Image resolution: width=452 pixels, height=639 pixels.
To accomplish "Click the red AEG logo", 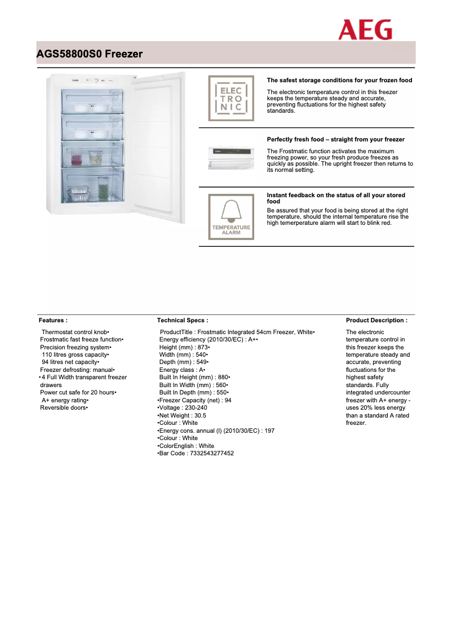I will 365,30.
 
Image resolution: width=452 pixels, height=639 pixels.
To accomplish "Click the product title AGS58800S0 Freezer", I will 89,54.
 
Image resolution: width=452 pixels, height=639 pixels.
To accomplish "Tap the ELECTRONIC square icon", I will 231,98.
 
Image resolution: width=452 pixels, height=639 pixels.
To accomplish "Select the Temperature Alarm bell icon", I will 231,217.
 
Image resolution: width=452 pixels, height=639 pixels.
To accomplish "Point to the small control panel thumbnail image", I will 231,157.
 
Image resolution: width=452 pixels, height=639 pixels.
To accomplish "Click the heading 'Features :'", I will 53,320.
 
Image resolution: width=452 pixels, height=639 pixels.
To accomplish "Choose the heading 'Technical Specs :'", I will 183,320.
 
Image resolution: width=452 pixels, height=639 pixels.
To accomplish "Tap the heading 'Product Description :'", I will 376,320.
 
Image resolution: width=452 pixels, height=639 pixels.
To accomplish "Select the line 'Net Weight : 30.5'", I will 183,415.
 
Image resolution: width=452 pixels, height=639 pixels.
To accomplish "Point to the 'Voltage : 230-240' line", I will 183,407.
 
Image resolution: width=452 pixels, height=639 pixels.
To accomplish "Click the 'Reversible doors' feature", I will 64,407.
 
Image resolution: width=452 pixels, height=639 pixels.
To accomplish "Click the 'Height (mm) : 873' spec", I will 184,347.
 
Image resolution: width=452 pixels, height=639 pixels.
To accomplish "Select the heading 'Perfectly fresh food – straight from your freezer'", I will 335,139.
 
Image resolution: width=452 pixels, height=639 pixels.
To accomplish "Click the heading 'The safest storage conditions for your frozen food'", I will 339,80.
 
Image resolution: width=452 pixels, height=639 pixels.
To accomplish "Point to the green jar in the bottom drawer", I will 103,188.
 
